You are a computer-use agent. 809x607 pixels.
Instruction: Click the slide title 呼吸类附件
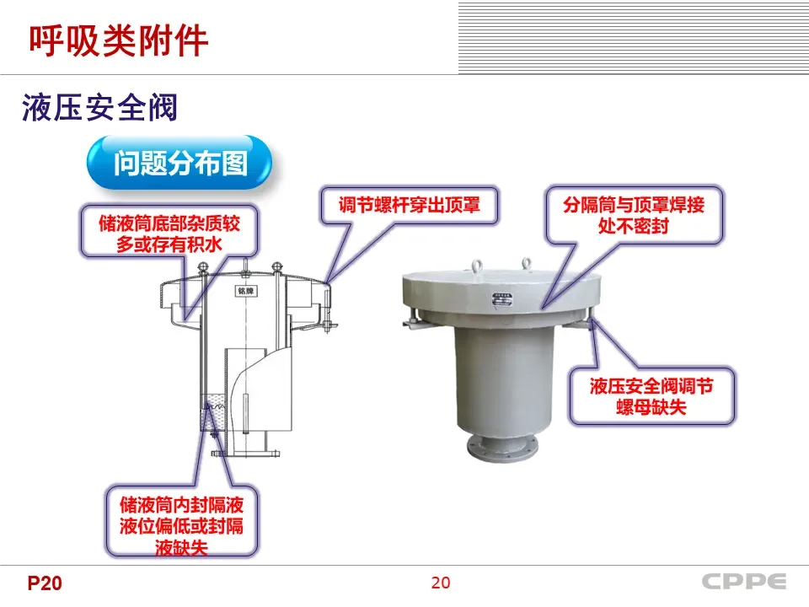[119, 40]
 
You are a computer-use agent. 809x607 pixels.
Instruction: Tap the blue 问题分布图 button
[180, 163]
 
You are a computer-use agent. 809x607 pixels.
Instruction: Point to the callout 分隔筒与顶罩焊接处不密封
[633, 215]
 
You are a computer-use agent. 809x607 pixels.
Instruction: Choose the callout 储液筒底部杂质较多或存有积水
[169, 233]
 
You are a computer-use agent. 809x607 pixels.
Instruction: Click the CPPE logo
[744, 582]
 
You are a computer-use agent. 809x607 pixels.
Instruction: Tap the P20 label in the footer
[45, 583]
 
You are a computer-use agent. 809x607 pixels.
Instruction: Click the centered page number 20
[440, 583]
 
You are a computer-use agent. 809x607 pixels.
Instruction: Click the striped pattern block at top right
[633, 37]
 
